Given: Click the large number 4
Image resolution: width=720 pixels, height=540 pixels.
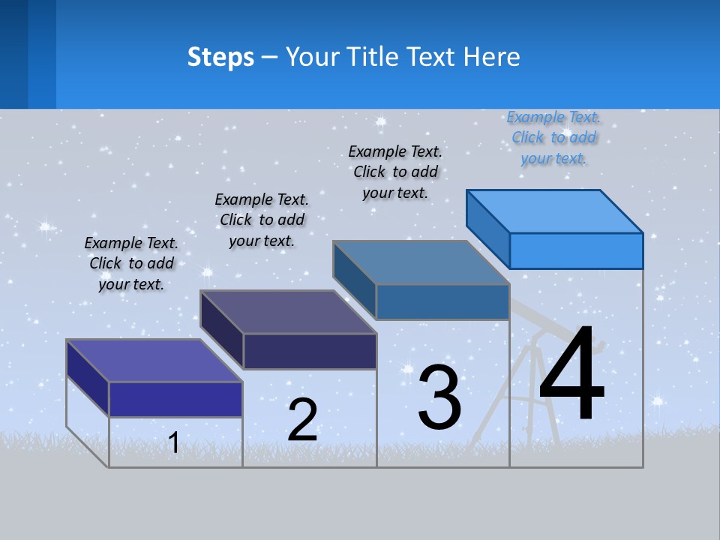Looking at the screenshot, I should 571,375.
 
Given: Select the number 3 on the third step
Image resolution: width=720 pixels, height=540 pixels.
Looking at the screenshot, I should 439,397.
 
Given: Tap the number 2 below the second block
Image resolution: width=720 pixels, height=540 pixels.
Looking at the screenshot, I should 302,419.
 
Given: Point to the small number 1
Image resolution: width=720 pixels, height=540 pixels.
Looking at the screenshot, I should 173,442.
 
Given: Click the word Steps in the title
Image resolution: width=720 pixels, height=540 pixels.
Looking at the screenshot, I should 220,57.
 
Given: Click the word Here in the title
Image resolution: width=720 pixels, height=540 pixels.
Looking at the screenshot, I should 492,57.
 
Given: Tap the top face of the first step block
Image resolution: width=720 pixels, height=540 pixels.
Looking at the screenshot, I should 154,360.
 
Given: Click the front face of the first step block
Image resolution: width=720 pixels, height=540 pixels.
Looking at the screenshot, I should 175,399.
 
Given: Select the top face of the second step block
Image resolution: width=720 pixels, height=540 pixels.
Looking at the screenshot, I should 288,311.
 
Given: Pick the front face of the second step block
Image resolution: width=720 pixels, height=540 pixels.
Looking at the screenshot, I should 310,351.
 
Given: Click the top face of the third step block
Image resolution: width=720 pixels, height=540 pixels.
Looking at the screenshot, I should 421,262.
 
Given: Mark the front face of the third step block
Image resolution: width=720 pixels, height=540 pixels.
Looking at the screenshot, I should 442,302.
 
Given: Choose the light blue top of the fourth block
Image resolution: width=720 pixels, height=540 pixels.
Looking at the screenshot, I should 555,211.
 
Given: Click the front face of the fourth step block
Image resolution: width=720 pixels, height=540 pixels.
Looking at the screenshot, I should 576,250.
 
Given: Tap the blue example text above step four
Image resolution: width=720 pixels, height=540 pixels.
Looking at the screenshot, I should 553,138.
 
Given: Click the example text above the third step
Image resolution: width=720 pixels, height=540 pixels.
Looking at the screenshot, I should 395,172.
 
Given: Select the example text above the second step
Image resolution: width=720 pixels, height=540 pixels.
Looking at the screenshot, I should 262,220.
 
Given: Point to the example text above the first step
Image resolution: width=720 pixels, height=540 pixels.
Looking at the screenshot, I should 131,263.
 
